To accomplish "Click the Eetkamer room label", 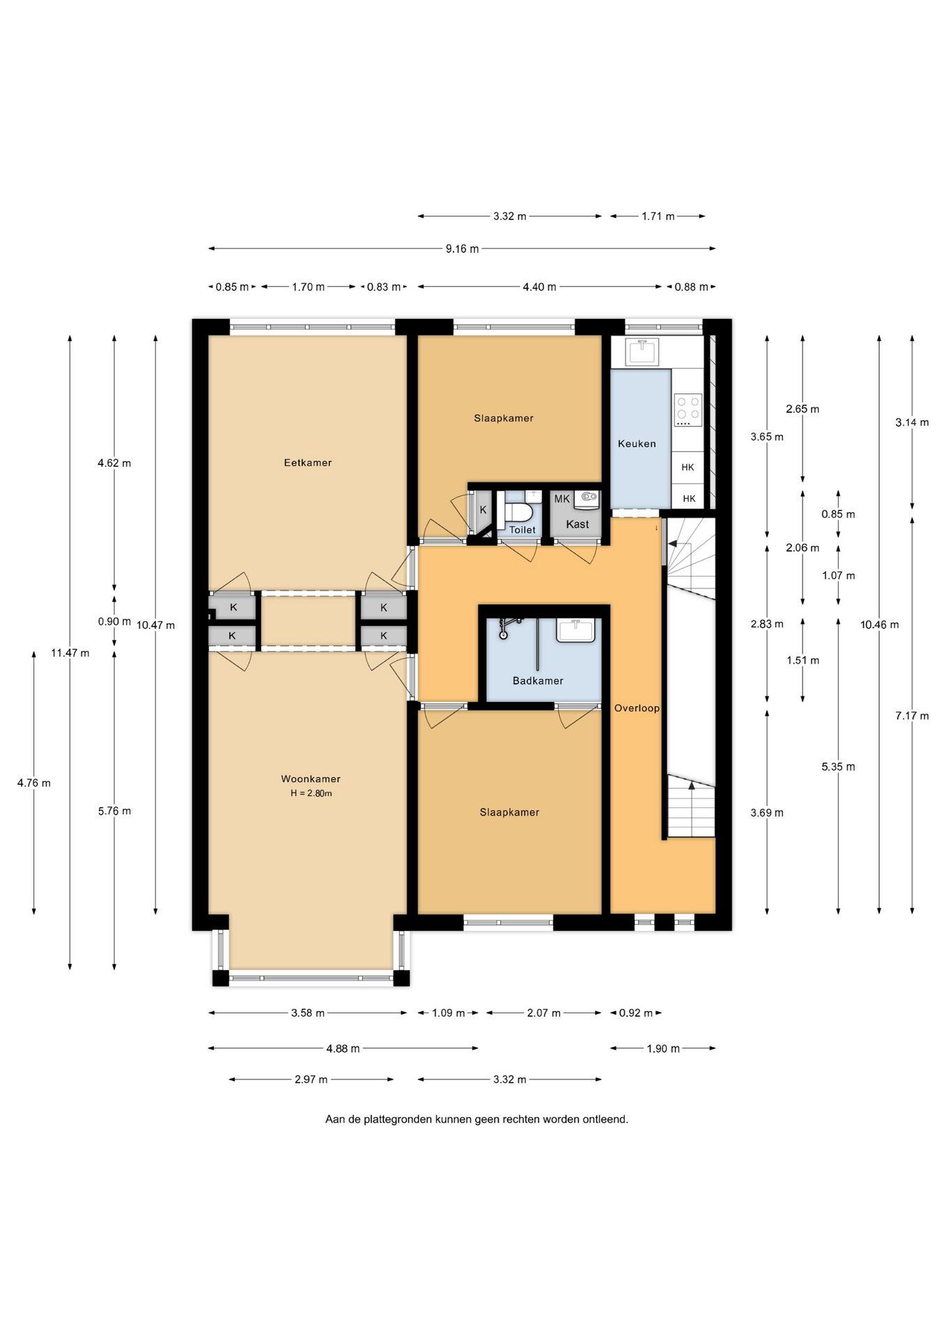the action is [x=307, y=462].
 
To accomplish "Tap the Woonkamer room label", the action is [x=311, y=779].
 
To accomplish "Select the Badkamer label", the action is [x=538, y=680].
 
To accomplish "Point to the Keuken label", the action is [x=637, y=444].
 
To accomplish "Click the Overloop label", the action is [x=637, y=708].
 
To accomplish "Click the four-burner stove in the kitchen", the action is [x=688, y=409].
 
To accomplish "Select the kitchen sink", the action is [x=642, y=352].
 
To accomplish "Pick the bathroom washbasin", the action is [x=575, y=630].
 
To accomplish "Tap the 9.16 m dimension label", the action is [x=462, y=249].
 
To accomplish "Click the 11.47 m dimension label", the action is [x=70, y=652].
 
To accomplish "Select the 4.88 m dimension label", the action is [x=343, y=1048].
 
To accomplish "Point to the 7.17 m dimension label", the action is [x=912, y=716].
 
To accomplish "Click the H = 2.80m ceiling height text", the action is [x=311, y=793].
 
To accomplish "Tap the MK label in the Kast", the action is [x=561, y=499].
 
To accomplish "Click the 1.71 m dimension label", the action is [x=658, y=217].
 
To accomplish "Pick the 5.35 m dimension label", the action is [x=838, y=767].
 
